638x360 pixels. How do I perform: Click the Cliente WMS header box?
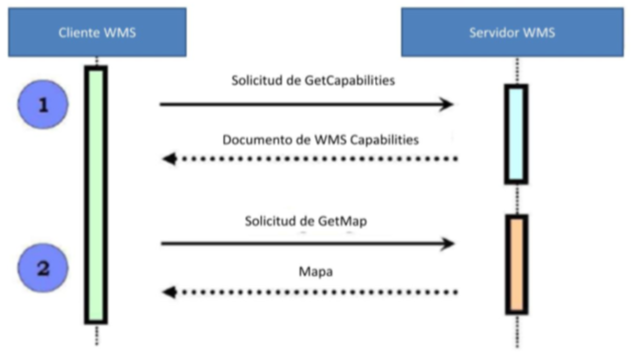click(x=97, y=32)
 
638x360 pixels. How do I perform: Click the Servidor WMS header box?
click(x=512, y=32)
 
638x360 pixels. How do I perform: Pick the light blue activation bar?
click(x=516, y=134)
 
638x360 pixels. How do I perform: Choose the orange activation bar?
click(x=516, y=264)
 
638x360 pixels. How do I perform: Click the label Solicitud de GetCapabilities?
click(x=313, y=82)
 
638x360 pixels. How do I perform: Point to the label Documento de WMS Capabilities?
click(x=321, y=140)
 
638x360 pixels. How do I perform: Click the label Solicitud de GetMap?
click(x=306, y=221)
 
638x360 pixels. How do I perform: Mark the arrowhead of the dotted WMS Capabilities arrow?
click(x=168, y=159)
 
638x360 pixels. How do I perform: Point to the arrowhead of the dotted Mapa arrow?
click(x=168, y=292)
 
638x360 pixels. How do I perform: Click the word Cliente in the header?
click(x=79, y=32)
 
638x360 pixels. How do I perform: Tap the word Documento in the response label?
click(x=249, y=140)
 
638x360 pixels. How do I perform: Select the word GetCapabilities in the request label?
click(x=349, y=82)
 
